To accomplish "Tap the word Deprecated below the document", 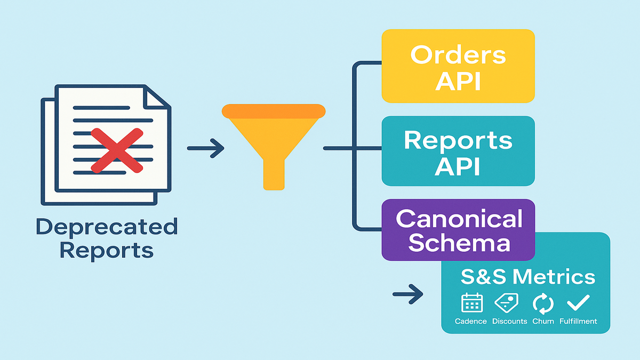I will pos(106,227).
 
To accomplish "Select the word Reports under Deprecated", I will pos(106,249).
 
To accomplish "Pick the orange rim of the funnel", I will pos(274,111).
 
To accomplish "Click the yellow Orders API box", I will pos(458,66).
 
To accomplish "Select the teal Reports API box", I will pos(458,151).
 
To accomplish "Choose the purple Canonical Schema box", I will pos(458,229).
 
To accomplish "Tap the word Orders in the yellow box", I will pos(458,55).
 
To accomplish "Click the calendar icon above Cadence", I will pos(471,303).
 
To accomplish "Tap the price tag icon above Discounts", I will pos(507,303).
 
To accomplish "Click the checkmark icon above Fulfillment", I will pos(578,303).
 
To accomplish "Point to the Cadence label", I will pos(471,321).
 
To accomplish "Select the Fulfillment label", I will pos(578,321).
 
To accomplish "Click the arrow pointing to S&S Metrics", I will pos(408,293).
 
